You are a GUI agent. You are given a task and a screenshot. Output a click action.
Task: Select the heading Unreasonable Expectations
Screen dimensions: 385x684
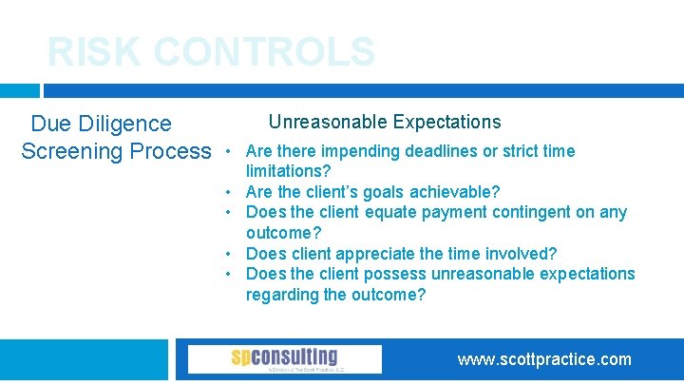point(384,122)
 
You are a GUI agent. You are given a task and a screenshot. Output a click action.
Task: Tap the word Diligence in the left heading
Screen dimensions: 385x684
point(124,124)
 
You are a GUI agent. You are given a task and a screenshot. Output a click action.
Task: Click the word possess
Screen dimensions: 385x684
point(391,274)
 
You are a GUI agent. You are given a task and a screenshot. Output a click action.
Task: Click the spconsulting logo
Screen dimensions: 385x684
point(284,358)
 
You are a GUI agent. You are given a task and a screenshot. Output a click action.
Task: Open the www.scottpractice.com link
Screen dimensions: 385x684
point(543,359)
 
